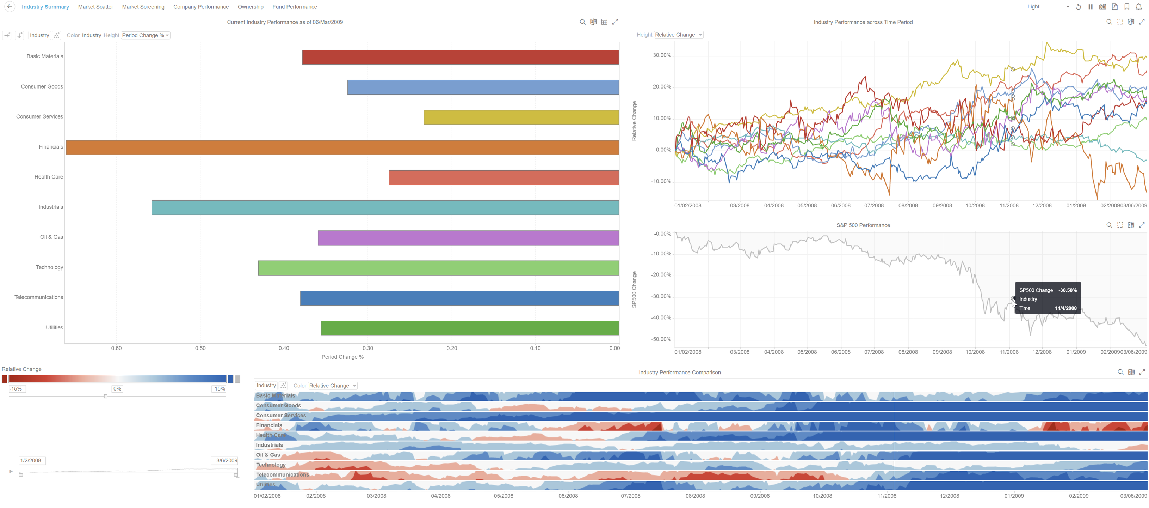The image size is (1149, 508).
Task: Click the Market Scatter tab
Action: [x=95, y=7]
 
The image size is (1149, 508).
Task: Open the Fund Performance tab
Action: [x=295, y=7]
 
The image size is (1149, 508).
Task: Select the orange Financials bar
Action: [x=342, y=147]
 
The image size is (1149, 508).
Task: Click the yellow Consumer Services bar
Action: [x=521, y=117]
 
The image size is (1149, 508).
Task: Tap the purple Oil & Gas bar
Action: [x=468, y=238]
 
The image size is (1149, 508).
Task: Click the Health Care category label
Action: [x=49, y=177]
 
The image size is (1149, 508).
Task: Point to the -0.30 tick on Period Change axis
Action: [x=367, y=348]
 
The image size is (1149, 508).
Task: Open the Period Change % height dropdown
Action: [x=146, y=35]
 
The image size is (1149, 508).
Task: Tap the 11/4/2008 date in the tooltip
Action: [x=1065, y=308]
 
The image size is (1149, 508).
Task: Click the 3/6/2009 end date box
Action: [x=226, y=461]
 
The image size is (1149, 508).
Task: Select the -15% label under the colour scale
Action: [x=16, y=389]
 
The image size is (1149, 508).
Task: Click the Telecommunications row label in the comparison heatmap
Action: [x=282, y=474]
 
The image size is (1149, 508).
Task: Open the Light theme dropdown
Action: [x=1048, y=7]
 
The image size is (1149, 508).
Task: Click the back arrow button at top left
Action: [x=10, y=7]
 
